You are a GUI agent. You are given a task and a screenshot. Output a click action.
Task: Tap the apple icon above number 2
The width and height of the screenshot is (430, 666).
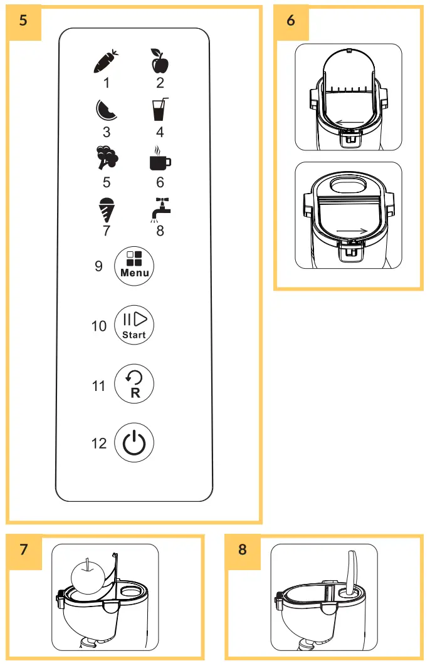pos(159,61)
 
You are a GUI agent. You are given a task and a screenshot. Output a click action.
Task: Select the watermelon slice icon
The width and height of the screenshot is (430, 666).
pos(106,110)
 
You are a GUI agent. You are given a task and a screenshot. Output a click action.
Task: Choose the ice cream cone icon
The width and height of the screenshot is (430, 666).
pos(107,209)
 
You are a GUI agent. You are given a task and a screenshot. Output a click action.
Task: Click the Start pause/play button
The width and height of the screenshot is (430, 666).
pos(134,326)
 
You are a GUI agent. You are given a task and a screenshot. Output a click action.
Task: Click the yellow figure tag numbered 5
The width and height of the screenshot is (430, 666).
pos(24,21)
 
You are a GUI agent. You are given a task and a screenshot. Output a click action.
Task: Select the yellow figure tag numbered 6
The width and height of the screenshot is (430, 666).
pos(291,21)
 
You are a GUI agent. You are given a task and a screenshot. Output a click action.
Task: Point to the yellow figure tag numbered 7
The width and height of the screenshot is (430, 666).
pos(24,550)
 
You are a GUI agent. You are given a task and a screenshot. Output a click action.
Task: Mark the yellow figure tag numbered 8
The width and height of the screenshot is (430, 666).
pos(243,550)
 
